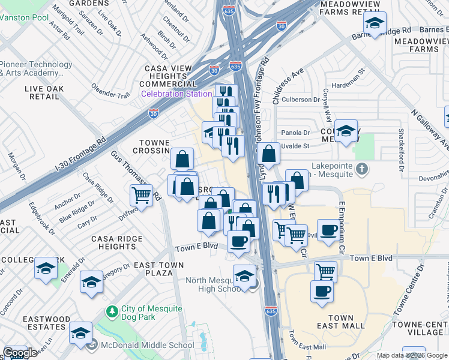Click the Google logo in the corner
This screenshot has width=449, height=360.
point(19,353)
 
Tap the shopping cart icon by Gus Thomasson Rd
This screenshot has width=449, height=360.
point(140,194)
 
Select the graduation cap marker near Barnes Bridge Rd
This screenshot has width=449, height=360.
point(375,23)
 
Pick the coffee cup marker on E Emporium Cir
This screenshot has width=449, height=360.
point(328,230)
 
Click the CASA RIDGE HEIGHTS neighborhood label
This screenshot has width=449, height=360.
point(116,242)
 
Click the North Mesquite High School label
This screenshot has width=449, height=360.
point(214,284)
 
